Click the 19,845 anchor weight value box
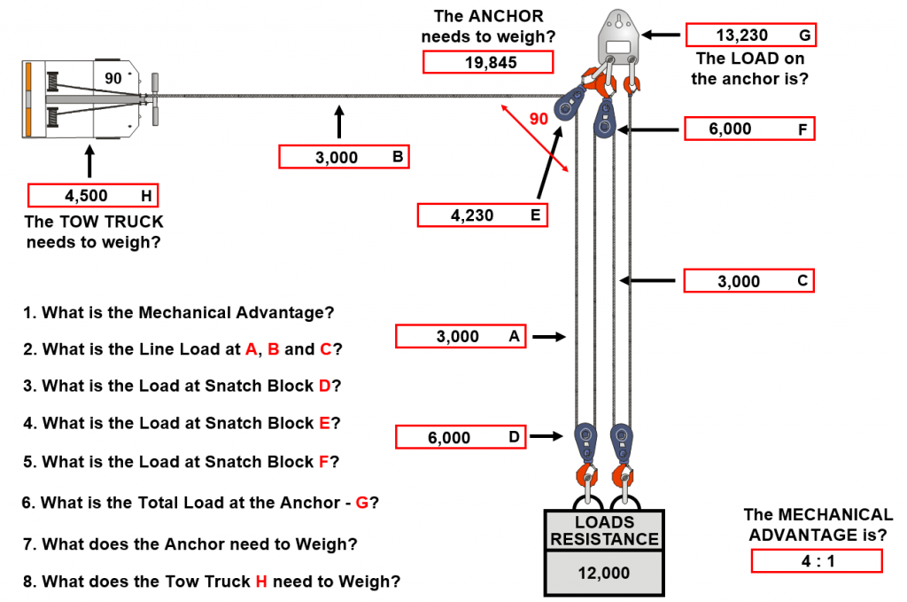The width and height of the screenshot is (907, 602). pyautogui.click(x=488, y=62)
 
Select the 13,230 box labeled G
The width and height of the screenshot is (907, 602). pyautogui.click(x=751, y=35)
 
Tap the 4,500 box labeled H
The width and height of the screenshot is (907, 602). pyautogui.click(x=92, y=195)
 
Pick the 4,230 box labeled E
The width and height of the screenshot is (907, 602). pyautogui.click(x=483, y=215)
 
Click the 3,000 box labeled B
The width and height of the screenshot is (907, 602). pyautogui.click(x=345, y=157)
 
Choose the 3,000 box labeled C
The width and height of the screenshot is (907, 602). pyautogui.click(x=749, y=281)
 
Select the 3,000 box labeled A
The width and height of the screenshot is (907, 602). pyautogui.click(x=461, y=336)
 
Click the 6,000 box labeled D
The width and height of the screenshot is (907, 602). pyautogui.click(x=461, y=437)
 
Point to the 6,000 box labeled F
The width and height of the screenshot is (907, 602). pyautogui.click(x=749, y=129)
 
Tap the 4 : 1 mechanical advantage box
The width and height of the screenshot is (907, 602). pyautogui.click(x=817, y=561)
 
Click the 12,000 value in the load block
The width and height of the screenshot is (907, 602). pyautogui.click(x=604, y=573)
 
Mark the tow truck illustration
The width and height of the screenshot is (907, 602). pyautogui.click(x=90, y=98)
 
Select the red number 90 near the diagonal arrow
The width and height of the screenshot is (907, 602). pyautogui.click(x=539, y=119)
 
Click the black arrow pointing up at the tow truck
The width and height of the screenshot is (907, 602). pyautogui.click(x=89, y=161)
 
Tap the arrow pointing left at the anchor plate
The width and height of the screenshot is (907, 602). pyautogui.click(x=661, y=35)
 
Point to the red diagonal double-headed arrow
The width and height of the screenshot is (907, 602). pyautogui.click(x=534, y=138)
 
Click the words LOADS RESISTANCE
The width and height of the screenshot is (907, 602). pyautogui.click(x=604, y=530)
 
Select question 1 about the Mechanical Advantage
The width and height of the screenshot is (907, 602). pyautogui.click(x=179, y=313)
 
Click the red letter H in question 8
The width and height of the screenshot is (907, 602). pyautogui.click(x=261, y=581)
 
